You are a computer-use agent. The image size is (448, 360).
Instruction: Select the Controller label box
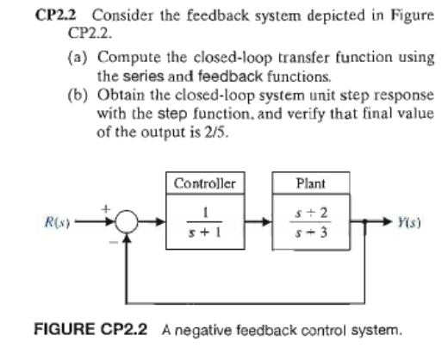200,183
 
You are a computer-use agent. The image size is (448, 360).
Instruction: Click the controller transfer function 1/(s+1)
200,227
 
